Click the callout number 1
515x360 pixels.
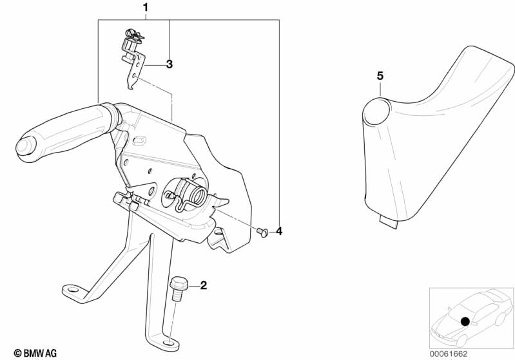(x=146, y=8)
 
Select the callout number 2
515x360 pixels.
(x=204, y=285)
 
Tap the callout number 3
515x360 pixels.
(x=169, y=64)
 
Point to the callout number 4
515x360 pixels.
(x=279, y=231)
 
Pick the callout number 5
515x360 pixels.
(x=380, y=76)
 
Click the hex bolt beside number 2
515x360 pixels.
(x=177, y=289)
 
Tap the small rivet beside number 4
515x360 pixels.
(x=262, y=232)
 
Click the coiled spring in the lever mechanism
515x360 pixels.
(x=198, y=194)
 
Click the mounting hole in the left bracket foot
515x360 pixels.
(x=72, y=289)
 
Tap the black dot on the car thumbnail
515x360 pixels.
(x=465, y=321)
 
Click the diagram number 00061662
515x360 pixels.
(x=449, y=354)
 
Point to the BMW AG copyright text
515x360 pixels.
(x=35, y=353)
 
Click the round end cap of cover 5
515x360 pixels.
(x=377, y=111)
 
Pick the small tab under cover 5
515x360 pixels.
(x=389, y=222)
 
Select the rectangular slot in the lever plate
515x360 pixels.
(x=140, y=140)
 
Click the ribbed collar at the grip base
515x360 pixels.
(x=112, y=117)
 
